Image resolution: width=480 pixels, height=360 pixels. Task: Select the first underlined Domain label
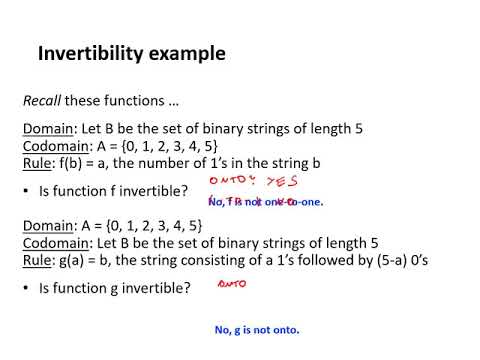pos(48,129)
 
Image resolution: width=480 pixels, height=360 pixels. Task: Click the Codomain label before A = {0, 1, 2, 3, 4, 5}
pos(56,146)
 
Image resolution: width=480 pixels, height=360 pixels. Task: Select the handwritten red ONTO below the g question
pos(233,284)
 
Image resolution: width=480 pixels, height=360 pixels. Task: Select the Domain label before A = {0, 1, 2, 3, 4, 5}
pos(48,230)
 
